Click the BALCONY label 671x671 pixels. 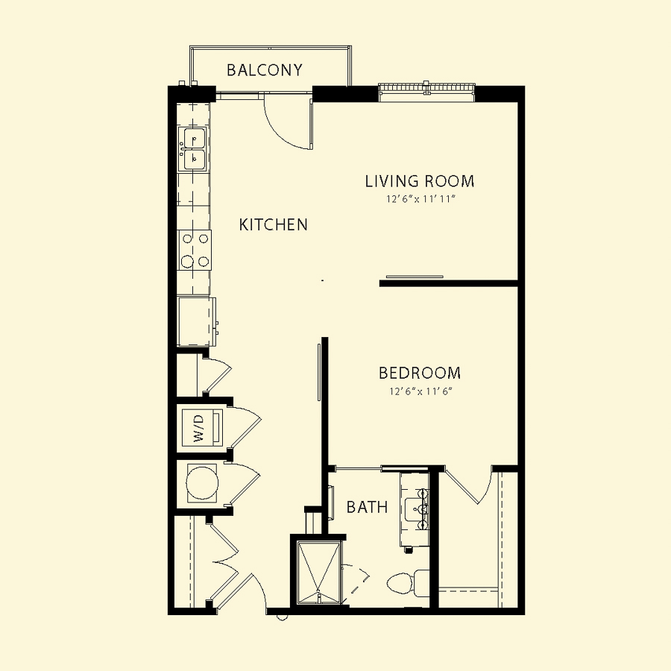(265, 70)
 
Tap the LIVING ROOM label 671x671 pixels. (419, 181)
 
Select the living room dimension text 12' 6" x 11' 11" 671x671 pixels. (419, 199)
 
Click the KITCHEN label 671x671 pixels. (273, 224)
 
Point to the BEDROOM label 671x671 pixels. (419, 373)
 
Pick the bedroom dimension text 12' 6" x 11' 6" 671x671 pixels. (420, 391)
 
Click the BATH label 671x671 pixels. (367, 507)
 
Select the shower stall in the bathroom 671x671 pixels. (319, 573)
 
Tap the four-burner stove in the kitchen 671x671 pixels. (195, 250)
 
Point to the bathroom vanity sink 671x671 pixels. (415, 508)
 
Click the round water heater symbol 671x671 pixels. (202, 482)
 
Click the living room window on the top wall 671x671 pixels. (427, 92)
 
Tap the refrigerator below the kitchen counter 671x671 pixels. (196, 321)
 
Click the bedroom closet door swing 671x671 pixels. (470, 485)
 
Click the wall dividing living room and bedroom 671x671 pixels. (449, 283)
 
